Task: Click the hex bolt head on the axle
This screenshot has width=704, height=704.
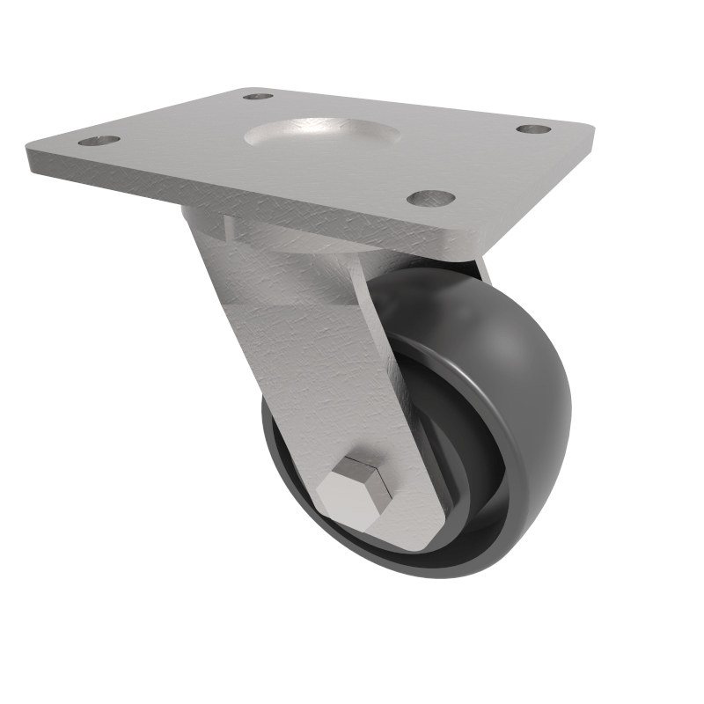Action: point(356,494)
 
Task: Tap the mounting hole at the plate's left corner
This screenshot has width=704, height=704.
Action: point(99,140)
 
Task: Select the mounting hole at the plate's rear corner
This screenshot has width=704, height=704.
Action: point(257,96)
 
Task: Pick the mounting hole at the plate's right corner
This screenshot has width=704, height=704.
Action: point(533,129)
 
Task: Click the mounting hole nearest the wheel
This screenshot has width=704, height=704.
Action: point(430,198)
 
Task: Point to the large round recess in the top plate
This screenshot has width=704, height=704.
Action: point(322,136)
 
